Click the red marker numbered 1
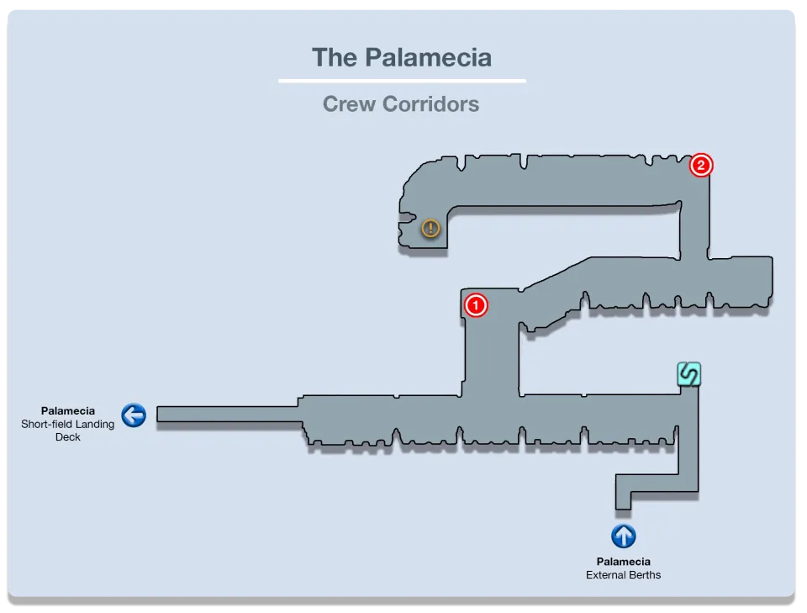476,304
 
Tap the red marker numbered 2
701,165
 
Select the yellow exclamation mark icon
430,228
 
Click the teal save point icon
688,373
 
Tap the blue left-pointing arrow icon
134,415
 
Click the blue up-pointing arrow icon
623,536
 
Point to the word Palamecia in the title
428,57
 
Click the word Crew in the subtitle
349,104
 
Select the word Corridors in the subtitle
430,104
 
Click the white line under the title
402,81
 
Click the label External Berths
623,575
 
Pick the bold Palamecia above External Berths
623,562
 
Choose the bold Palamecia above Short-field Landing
68,411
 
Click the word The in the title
334,57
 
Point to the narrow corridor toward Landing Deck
227,414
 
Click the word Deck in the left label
68,437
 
